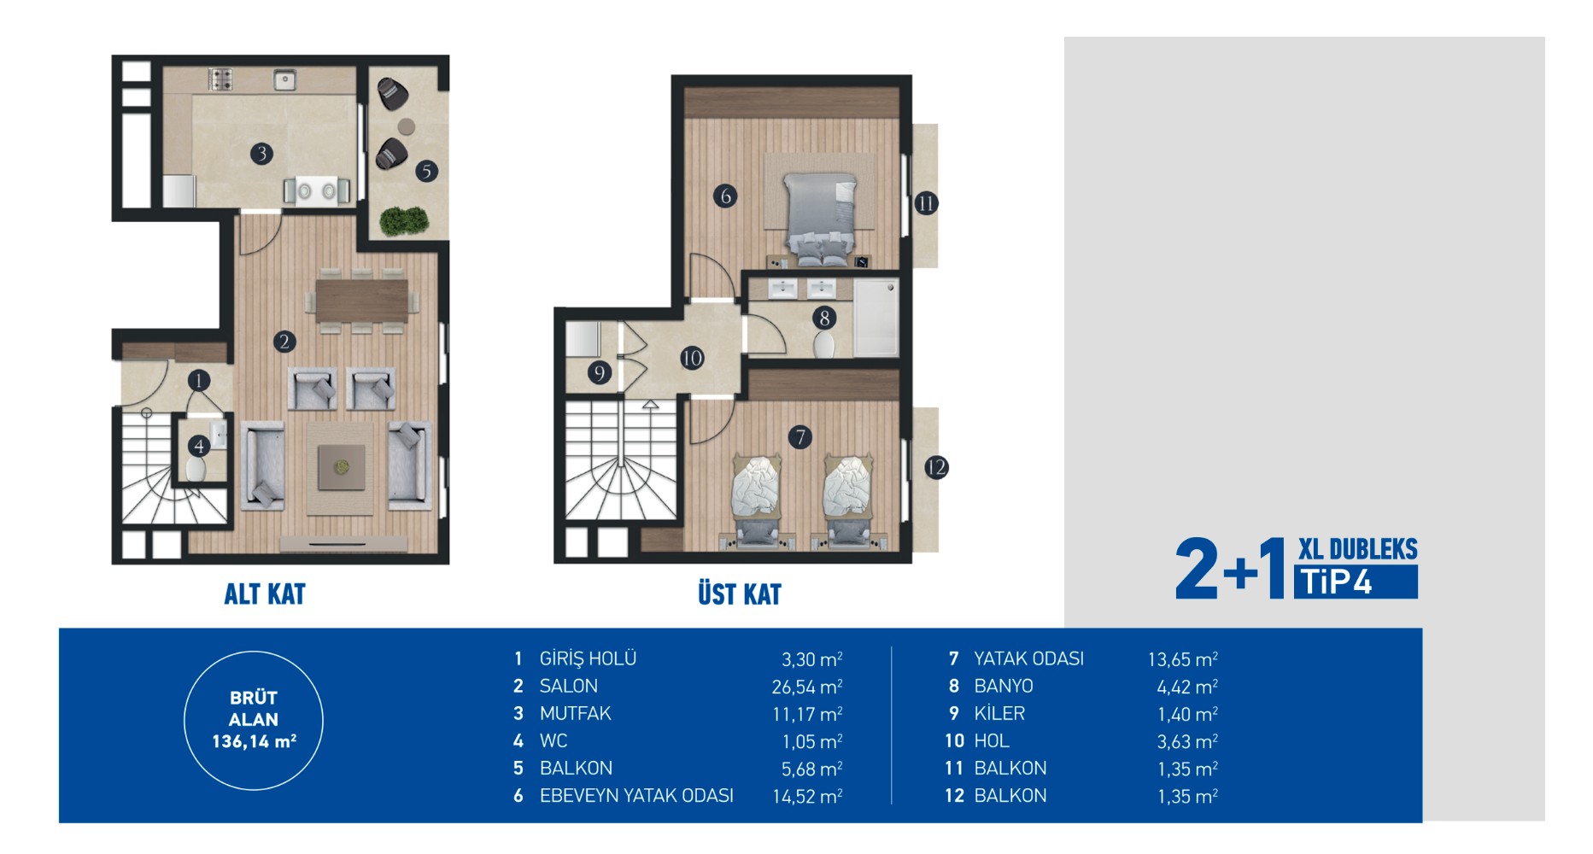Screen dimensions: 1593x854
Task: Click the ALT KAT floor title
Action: click(265, 594)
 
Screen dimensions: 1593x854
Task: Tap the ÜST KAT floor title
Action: click(740, 594)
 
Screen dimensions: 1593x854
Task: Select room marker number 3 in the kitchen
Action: click(261, 154)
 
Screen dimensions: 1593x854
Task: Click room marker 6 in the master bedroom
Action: click(725, 196)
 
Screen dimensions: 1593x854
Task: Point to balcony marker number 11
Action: click(926, 203)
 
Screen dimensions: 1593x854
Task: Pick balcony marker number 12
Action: click(936, 467)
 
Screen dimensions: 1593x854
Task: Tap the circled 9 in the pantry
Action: click(600, 372)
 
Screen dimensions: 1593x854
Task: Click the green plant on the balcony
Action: click(403, 221)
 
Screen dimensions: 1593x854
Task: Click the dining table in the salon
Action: click(361, 301)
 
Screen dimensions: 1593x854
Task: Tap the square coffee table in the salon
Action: click(341, 468)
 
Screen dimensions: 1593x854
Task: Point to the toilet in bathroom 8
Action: click(824, 344)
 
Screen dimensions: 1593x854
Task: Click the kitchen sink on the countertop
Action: click(285, 81)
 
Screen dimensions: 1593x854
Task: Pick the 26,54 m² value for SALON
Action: click(807, 687)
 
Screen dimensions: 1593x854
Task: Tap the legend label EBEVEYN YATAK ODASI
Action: click(636, 796)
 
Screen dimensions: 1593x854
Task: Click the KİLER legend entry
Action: click(999, 713)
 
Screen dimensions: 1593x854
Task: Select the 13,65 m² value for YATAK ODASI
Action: click(1182, 659)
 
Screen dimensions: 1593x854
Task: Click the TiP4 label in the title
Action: click(1356, 582)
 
